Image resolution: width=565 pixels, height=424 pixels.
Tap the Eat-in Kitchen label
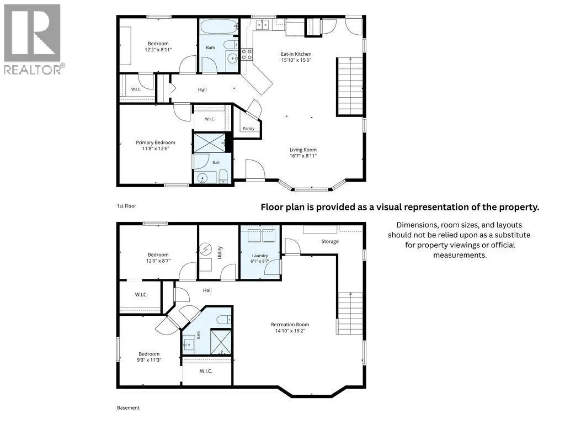[296, 54]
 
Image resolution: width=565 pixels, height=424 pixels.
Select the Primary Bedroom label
[156, 142]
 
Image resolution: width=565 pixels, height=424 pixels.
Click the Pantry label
[249, 128]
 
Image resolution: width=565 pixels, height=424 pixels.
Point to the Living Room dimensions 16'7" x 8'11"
[303, 156]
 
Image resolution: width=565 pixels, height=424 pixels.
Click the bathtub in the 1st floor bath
[218, 26]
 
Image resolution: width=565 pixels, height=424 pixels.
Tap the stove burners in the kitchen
[247, 55]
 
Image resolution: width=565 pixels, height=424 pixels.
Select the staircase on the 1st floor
[350, 87]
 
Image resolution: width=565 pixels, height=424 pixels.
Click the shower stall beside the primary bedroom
[210, 143]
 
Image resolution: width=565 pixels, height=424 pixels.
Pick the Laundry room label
[260, 256]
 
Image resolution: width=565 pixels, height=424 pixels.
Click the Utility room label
[220, 253]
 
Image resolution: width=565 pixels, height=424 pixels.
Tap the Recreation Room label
[290, 325]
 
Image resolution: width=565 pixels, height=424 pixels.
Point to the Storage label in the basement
[330, 242]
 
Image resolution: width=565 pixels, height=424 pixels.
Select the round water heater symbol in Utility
[206, 249]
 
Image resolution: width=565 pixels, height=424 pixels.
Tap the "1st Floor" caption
[126, 206]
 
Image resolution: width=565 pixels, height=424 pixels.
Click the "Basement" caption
[128, 408]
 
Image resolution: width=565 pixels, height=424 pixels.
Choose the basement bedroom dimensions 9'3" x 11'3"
[149, 360]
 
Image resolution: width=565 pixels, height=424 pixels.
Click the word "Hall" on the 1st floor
[202, 90]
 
